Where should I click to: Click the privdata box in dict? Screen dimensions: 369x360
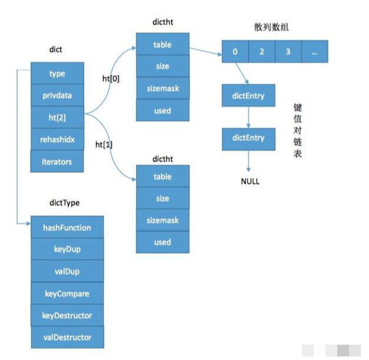(57, 95)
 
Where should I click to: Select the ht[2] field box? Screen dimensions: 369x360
(57, 117)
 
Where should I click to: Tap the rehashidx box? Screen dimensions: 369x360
(57, 139)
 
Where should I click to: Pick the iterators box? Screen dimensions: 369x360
(57, 161)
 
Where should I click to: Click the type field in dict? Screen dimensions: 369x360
(57, 73)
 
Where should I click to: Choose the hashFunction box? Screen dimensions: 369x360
(67, 227)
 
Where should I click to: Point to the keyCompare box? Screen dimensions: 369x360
(67, 293)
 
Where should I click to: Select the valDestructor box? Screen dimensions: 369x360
(67, 337)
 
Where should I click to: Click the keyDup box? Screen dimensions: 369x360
(67, 249)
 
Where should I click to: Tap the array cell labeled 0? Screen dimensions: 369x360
(235, 52)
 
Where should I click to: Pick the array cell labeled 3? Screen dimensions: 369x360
(288, 52)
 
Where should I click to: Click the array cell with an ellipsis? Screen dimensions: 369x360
(315, 52)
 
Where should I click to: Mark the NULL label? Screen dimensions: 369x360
(250, 181)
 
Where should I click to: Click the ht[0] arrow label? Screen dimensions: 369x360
(111, 79)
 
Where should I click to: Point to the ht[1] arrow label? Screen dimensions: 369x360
(104, 145)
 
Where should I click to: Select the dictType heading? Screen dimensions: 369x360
(65, 202)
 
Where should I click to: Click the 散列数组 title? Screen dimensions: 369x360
(271, 27)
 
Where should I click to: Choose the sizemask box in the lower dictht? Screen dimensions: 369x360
(162, 220)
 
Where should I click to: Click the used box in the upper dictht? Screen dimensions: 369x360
(162, 111)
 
